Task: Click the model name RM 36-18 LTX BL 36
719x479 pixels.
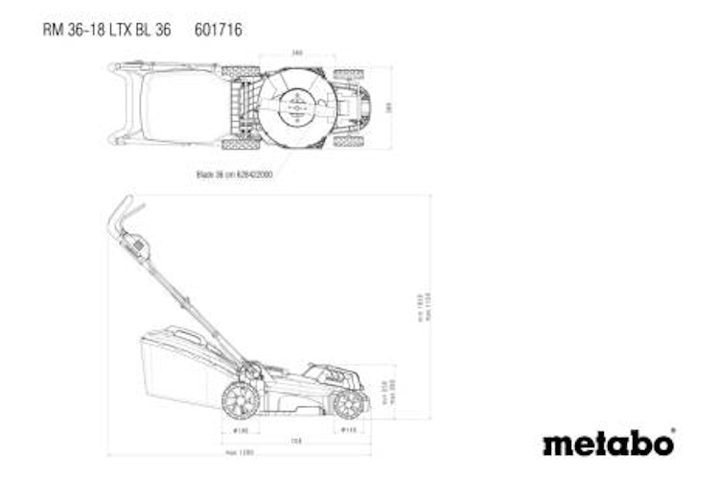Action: click(x=106, y=30)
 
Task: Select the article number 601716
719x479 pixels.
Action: click(x=218, y=30)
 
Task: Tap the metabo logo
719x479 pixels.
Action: click(x=608, y=443)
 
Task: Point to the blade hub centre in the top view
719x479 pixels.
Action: click(x=296, y=108)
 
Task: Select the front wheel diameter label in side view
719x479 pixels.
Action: click(x=351, y=431)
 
